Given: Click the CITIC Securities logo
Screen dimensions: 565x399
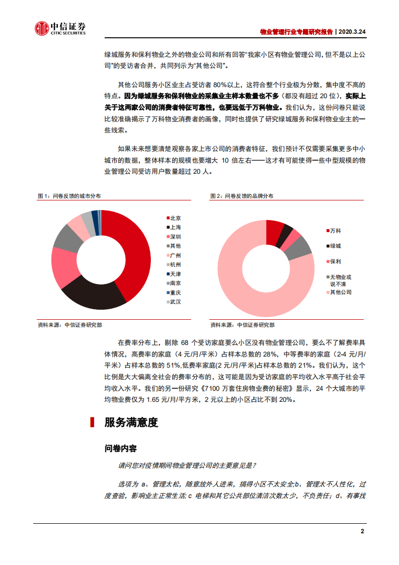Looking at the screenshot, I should tap(60, 29).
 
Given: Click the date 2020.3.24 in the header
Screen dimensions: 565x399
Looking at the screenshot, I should tap(352, 31).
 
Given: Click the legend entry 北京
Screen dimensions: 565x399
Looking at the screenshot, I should tap(175, 218).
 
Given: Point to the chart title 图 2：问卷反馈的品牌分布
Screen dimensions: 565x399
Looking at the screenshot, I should tap(242, 196).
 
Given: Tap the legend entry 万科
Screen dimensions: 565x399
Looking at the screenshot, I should tap(335, 231).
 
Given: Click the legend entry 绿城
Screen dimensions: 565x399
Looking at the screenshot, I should tap(335, 246).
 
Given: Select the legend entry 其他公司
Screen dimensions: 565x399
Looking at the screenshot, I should tap(340, 292).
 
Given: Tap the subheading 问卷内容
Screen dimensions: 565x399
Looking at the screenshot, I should tap(120, 448).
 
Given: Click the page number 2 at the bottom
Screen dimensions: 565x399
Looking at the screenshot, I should tap(362, 531).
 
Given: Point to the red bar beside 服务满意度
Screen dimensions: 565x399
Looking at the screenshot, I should tap(92, 422).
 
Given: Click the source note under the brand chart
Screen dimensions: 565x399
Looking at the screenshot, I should tap(243, 325).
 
